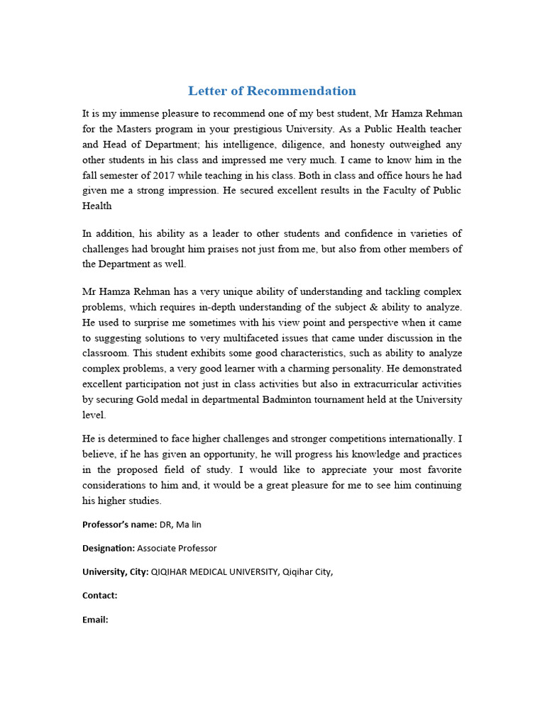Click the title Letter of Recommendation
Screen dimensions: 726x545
pyautogui.click(x=272, y=91)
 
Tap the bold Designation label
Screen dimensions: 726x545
pyautogui.click(x=109, y=548)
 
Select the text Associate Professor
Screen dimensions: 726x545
pyautogui.click(x=177, y=548)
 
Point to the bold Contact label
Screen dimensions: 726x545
pyautogui.click(x=100, y=596)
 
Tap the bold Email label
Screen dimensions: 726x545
pyautogui.click(x=95, y=619)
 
